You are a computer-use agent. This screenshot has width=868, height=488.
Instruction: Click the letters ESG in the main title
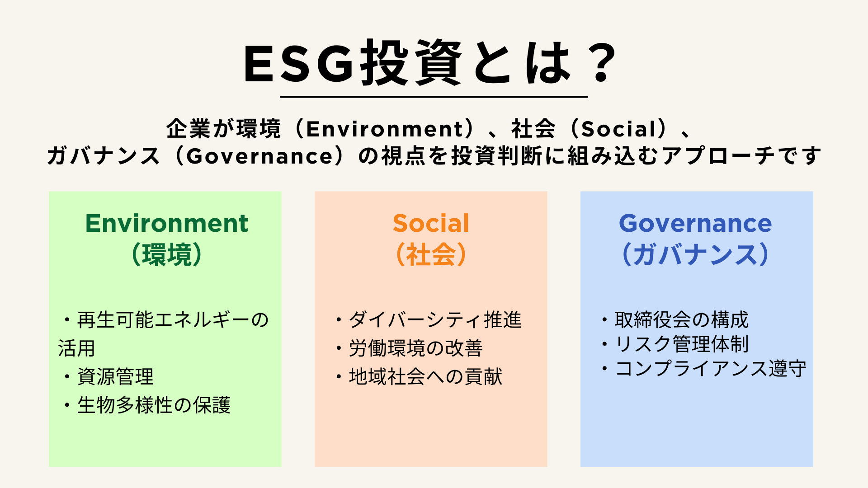(298, 64)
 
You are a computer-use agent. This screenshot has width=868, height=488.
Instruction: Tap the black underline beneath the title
(434, 97)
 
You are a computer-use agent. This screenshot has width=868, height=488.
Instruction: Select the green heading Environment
(166, 223)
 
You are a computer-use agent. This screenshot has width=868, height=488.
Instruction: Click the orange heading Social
(431, 223)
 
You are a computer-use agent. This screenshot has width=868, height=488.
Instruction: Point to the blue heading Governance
(695, 223)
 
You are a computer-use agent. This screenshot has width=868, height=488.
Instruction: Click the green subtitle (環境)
(166, 254)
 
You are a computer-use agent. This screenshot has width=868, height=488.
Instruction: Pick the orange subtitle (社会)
(431, 254)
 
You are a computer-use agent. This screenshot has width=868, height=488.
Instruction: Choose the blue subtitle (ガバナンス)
(695, 254)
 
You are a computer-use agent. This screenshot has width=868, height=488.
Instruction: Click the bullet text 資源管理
(115, 376)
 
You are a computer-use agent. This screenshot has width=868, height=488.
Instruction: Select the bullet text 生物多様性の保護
(154, 405)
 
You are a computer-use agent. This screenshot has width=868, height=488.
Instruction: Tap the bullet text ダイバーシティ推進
(435, 320)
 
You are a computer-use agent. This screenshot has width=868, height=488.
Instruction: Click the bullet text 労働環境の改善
(416, 348)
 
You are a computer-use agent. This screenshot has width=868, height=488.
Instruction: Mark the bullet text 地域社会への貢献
(425, 376)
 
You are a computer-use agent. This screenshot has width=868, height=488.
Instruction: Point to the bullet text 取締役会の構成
(681, 320)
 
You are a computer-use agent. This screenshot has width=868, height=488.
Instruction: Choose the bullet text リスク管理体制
(681, 344)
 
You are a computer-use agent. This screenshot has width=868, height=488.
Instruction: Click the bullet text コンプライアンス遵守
(710, 369)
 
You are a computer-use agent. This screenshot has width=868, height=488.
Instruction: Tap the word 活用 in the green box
(77, 348)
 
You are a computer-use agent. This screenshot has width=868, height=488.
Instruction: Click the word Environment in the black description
(385, 129)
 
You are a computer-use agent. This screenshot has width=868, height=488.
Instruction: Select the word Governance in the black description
(260, 156)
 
